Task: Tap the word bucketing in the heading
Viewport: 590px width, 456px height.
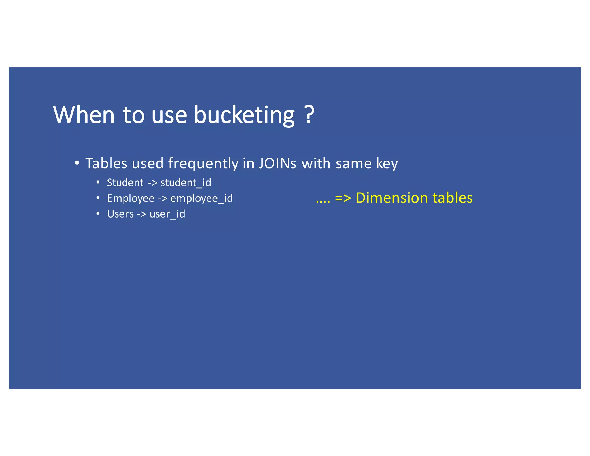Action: (244, 115)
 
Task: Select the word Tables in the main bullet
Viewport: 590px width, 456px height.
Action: (106, 163)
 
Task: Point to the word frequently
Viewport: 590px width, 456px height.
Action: (203, 164)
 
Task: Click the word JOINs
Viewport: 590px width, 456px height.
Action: (277, 163)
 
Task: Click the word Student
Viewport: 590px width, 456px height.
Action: (125, 183)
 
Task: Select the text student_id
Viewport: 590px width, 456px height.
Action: (186, 183)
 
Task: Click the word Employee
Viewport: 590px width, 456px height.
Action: (131, 198)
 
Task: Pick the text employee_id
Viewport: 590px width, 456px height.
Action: (201, 198)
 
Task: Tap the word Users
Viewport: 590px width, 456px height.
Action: (120, 214)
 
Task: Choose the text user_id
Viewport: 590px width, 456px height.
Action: (167, 214)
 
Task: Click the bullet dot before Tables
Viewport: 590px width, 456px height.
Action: (77, 163)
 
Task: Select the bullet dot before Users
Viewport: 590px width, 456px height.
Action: (98, 214)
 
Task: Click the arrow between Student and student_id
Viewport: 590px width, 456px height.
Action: (152, 183)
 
